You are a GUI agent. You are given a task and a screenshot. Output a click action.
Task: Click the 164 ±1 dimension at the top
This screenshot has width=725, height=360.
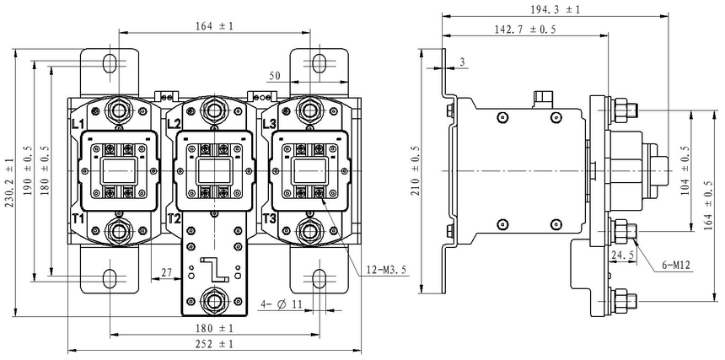point(213,26)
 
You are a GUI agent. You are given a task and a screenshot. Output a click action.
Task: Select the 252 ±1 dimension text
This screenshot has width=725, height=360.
point(213,344)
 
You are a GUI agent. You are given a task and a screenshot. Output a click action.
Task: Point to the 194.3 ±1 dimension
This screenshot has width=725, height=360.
point(555,9)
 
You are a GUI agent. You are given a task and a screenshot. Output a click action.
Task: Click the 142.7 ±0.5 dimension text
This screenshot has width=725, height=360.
point(526,30)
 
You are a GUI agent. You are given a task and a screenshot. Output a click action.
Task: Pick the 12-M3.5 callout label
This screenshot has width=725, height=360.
point(384,270)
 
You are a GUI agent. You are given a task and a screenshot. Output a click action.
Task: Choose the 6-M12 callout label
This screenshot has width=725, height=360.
point(676,266)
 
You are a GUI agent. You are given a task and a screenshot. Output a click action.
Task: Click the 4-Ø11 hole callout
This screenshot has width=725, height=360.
point(281,304)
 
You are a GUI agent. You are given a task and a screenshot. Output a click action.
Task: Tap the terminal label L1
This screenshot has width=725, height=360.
point(78,124)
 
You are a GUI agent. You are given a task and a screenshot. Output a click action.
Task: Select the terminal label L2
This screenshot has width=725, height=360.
point(174,124)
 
